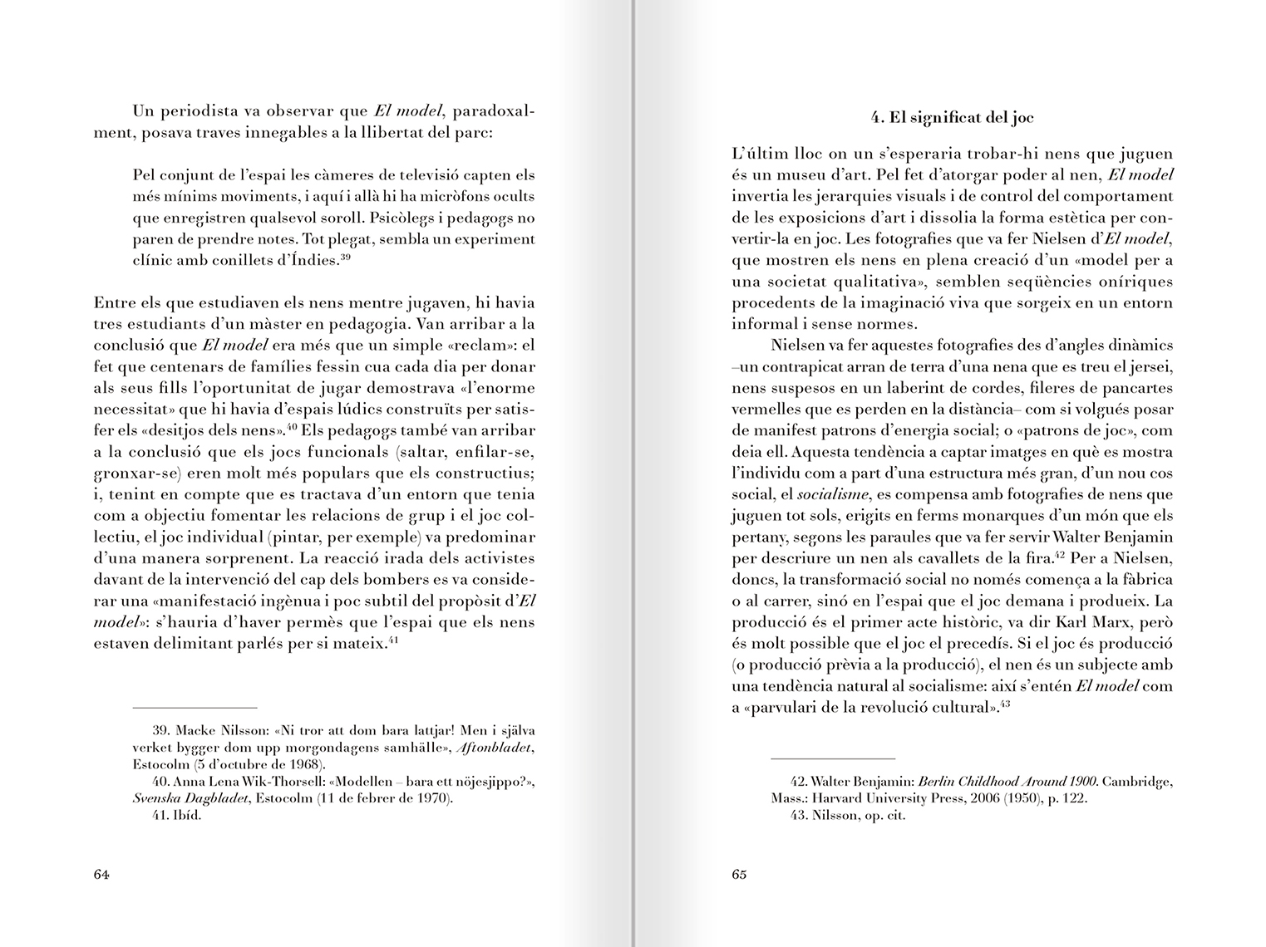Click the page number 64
click(102, 874)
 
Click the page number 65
click(739, 874)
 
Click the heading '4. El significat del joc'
click(952, 117)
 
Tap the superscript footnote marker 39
click(346, 257)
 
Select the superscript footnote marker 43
click(1004, 704)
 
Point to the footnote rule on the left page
click(195, 708)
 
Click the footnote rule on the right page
click(833, 758)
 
